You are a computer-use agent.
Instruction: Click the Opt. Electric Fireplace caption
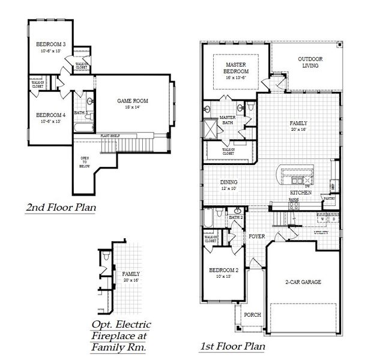[121, 335]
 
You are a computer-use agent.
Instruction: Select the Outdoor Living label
[310, 62]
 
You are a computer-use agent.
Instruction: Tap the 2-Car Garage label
[302, 281]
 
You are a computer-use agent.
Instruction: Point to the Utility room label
[321, 232]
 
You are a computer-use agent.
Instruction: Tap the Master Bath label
[227, 120]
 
